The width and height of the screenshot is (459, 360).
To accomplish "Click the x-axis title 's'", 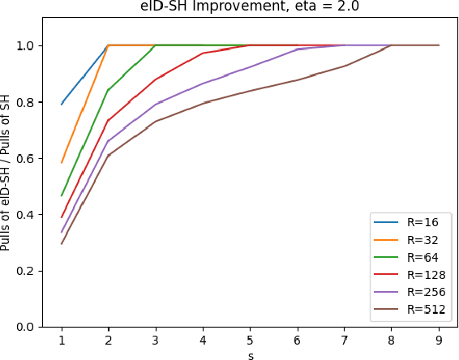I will pos(250,354).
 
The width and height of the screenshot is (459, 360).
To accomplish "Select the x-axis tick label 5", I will pos(250,340).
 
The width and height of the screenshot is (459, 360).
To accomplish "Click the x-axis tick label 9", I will pos(439,340).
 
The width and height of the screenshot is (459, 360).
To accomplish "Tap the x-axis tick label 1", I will pos(62,340).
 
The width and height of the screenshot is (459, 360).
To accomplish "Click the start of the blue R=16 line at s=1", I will pos(62,104).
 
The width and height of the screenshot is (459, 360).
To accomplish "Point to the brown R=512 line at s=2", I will pos(109,155).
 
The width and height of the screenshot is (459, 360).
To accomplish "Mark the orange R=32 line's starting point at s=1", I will pos(62,162).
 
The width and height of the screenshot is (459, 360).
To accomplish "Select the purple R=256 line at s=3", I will pos(156,105).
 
